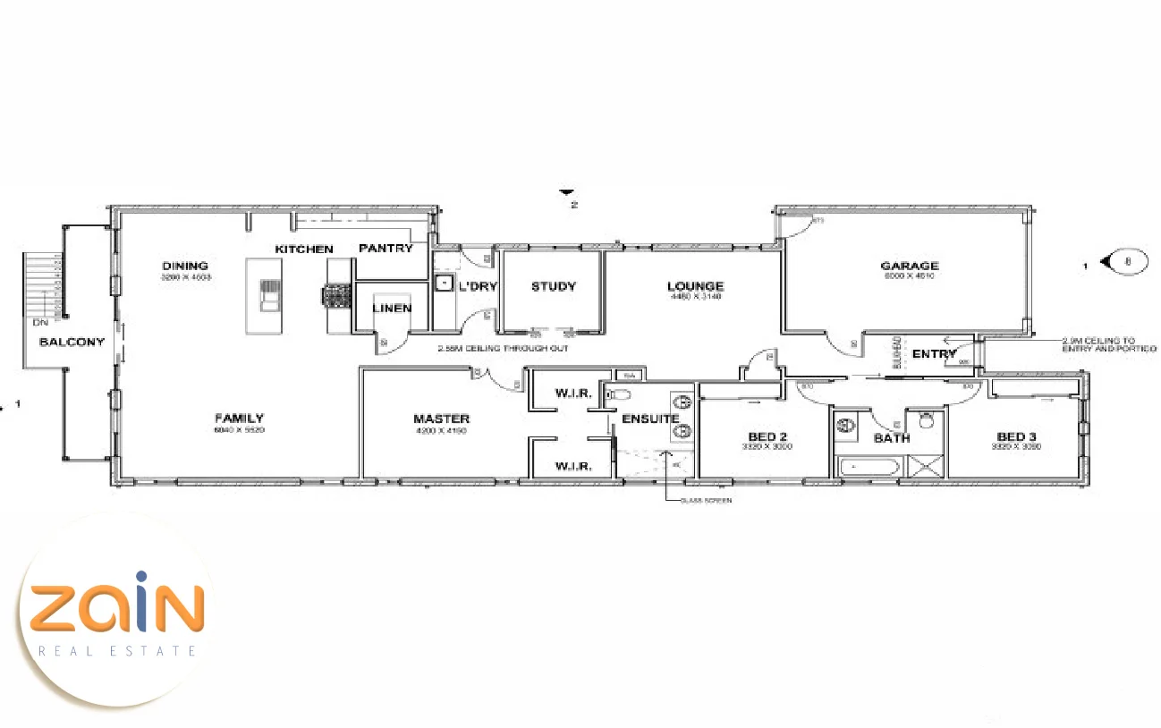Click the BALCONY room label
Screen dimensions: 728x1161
coord(72,342)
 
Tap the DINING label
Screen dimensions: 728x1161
coord(185,266)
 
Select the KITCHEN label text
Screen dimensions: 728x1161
coord(304,249)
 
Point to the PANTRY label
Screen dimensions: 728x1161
coord(386,248)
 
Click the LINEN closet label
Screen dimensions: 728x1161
coord(392,308)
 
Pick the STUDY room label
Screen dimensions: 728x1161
coord(554,286)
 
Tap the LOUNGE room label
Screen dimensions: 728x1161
coord(695,286)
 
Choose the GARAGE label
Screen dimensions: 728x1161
coord(910,266)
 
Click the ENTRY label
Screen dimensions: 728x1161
coord(935,354)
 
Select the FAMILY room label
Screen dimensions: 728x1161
coord(239,418)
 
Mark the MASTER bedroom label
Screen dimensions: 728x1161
coord(441,419)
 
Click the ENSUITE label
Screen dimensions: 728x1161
coord(650,419)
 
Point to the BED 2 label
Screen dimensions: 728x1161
coord(768,437)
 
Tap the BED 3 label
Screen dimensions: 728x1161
coord(1017,437)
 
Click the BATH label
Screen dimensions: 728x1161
coord(892,438)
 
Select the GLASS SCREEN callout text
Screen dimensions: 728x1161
coord(705,501)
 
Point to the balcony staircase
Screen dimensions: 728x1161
coord(42,286)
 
